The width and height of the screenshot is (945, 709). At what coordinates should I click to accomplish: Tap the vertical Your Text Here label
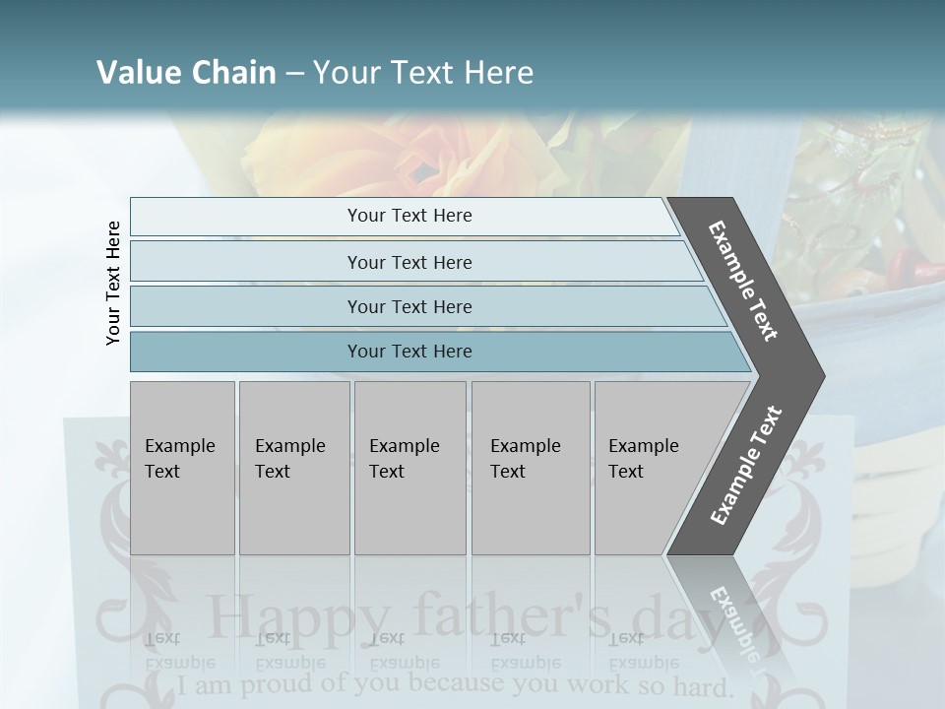(x=113, y=283)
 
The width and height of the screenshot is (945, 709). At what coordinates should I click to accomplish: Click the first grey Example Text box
(x=182, y=468)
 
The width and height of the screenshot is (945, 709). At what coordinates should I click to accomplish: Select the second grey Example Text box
(x=294, y=468)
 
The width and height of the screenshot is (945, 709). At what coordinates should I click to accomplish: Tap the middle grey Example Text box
(x=409, y=468)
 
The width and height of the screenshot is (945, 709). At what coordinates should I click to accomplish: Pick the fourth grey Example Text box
(x=531, y=468)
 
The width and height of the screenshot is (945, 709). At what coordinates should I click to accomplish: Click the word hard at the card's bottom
(x=701, y=685)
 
